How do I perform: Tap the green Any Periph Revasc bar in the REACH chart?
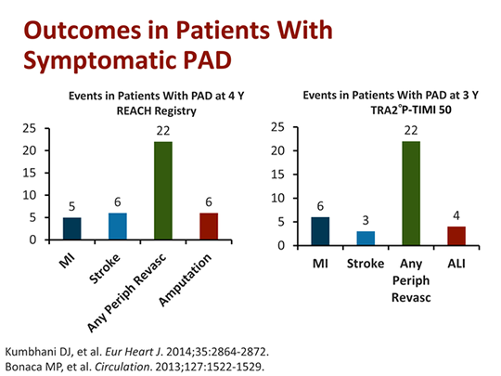tap(163, 190)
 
